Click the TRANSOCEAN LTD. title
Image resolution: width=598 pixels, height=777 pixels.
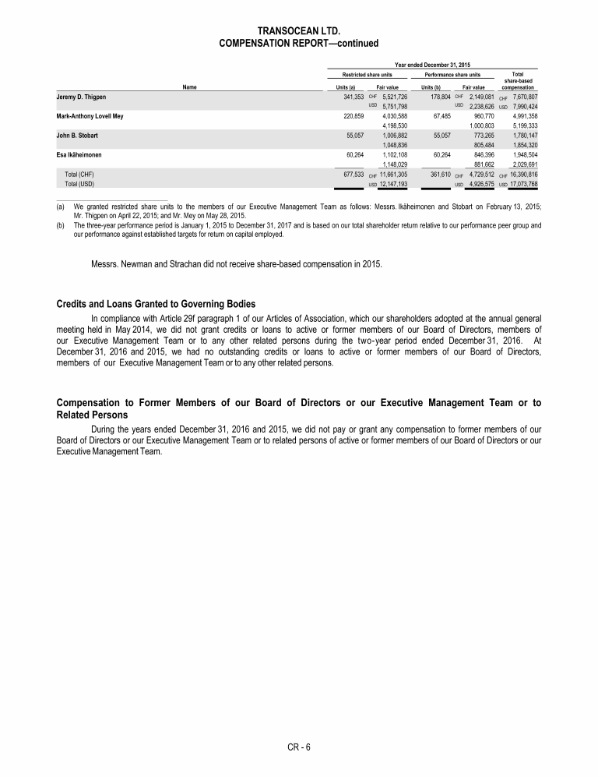[299, 30]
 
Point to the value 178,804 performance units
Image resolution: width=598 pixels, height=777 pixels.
[432, 96]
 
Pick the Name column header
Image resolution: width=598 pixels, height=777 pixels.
[189, 87]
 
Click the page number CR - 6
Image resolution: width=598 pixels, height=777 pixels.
[299, 747]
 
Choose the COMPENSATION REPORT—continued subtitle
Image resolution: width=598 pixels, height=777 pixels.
[299, 43]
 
